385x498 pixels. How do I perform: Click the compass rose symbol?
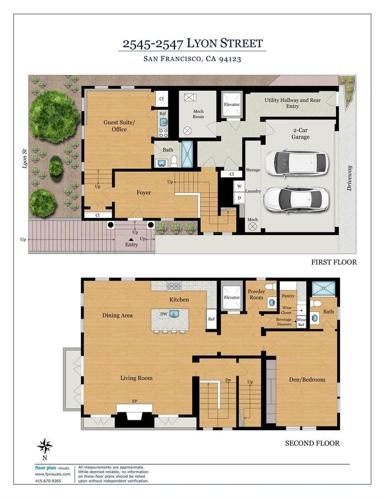point(45,446)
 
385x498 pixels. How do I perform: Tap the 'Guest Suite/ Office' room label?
point(115,125)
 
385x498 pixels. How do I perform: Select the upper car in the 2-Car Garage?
point(296,163)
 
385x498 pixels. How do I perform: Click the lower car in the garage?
point(295,199)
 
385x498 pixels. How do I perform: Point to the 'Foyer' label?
point(143,193)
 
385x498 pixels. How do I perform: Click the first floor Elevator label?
point(232,105)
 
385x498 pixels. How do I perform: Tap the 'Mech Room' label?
point(198,114)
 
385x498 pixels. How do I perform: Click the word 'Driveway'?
point(349,178)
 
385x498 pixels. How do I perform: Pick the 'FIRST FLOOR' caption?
point(334,262)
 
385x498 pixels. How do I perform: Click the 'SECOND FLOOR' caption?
point(312,443)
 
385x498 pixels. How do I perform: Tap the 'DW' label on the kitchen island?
point(163,314)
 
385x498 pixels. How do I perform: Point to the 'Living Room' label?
point(136,378)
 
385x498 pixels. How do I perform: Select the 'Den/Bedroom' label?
point(307,379)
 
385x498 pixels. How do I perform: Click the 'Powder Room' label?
point(257,294)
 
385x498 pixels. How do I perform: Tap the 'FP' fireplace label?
point(134,401)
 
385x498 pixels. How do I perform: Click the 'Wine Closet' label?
point(286,310)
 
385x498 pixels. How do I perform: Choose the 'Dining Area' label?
point(118,315)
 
